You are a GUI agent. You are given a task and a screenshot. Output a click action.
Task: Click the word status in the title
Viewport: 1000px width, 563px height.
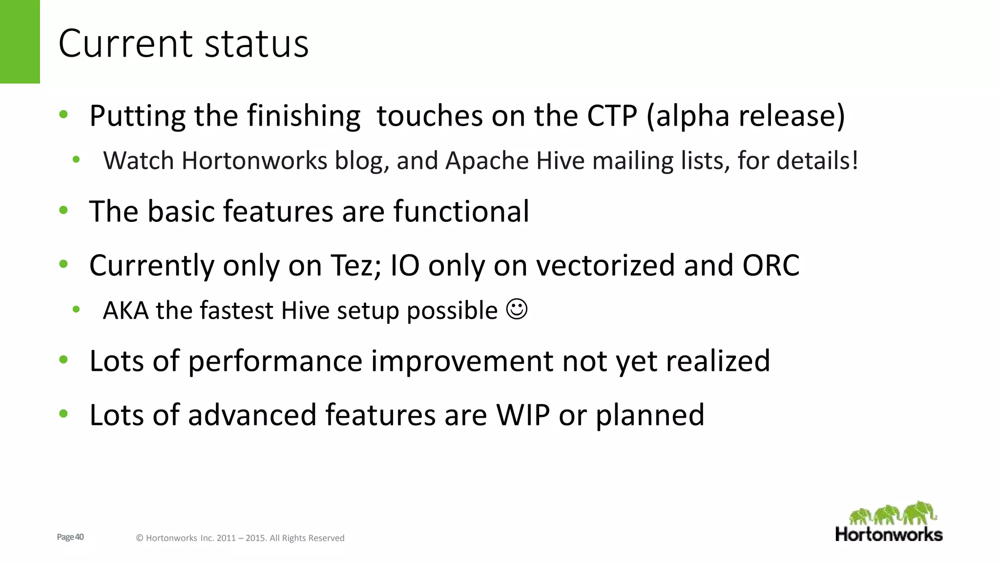coord(256,44)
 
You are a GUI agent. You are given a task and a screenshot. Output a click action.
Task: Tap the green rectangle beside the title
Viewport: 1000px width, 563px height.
coord(20,42)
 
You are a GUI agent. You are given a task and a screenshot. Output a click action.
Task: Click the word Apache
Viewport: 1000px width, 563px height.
coord(487,161)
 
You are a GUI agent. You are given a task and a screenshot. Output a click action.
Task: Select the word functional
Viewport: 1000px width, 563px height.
coord(461,211)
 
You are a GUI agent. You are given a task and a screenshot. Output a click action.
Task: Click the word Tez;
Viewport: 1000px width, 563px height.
coord(356,265)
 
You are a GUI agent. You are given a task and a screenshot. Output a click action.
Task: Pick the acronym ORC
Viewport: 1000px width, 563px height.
coord(771,265)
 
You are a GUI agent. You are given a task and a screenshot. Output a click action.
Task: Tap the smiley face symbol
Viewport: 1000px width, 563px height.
coord(517,309)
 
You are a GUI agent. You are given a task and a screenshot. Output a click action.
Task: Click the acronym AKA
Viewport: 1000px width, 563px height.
coord(125,311)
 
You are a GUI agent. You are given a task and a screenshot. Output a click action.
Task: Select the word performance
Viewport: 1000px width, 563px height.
coord(275,362)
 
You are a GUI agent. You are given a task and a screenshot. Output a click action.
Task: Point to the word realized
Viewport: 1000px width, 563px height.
coord(717,361)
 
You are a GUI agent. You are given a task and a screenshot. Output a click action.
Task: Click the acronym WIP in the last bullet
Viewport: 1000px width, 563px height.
coord(522,415)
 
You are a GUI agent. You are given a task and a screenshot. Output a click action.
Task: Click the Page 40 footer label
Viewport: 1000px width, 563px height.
coord(70,537)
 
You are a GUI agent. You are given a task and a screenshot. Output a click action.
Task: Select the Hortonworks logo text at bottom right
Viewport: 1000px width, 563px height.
coord(889,534)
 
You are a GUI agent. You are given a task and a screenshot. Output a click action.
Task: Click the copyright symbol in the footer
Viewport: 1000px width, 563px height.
coord(139,538)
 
